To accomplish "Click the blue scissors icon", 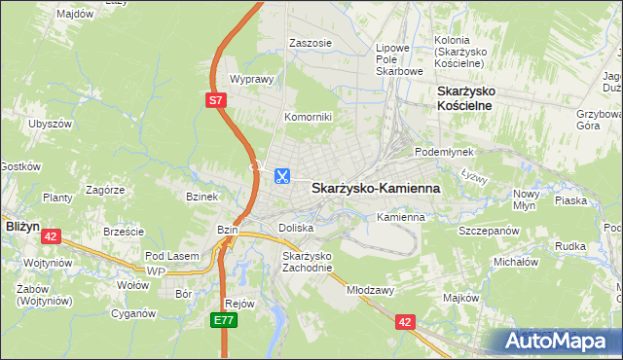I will pyautogui.click(x=280, y=176).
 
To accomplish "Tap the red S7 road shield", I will pyautogui.click(x=216, y=98).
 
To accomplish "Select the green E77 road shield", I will pyautogui.click(x=225, y=318).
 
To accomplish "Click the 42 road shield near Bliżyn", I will pyautogui.click(x=52, y=235).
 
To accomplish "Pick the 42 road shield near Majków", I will pyautogui.click(x=405, y=319).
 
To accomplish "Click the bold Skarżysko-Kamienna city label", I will pyautogui.click(x=376, y=188).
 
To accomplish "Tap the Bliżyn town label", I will pyautogui.click(x=21, y=225).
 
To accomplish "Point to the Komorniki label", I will pyautogui.click(x=308, y=117).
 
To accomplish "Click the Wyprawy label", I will pyautogui.click(x=248, y=80).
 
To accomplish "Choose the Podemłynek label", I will pyautogui.click(x=443, y=153).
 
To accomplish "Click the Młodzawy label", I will pyautogui.click(x=369, y=290).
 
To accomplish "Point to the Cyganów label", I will pyautogui.click(x=133, y=313).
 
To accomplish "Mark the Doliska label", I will pyautogui.click(x=296, y=227).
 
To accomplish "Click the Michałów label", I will pyautogui.click(x=516, y=262).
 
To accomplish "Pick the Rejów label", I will pyautogui.click(x=239, y=303).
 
